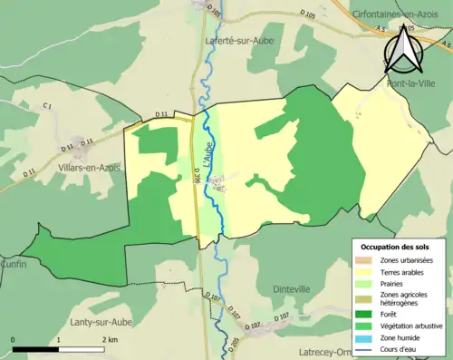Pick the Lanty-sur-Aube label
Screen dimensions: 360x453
coord(101,321)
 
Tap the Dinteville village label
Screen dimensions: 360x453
coord(294,288)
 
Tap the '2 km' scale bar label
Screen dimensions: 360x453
coord(109,339)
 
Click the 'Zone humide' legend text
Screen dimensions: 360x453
coord(400,338)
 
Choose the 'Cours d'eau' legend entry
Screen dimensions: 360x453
coord(401,349)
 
